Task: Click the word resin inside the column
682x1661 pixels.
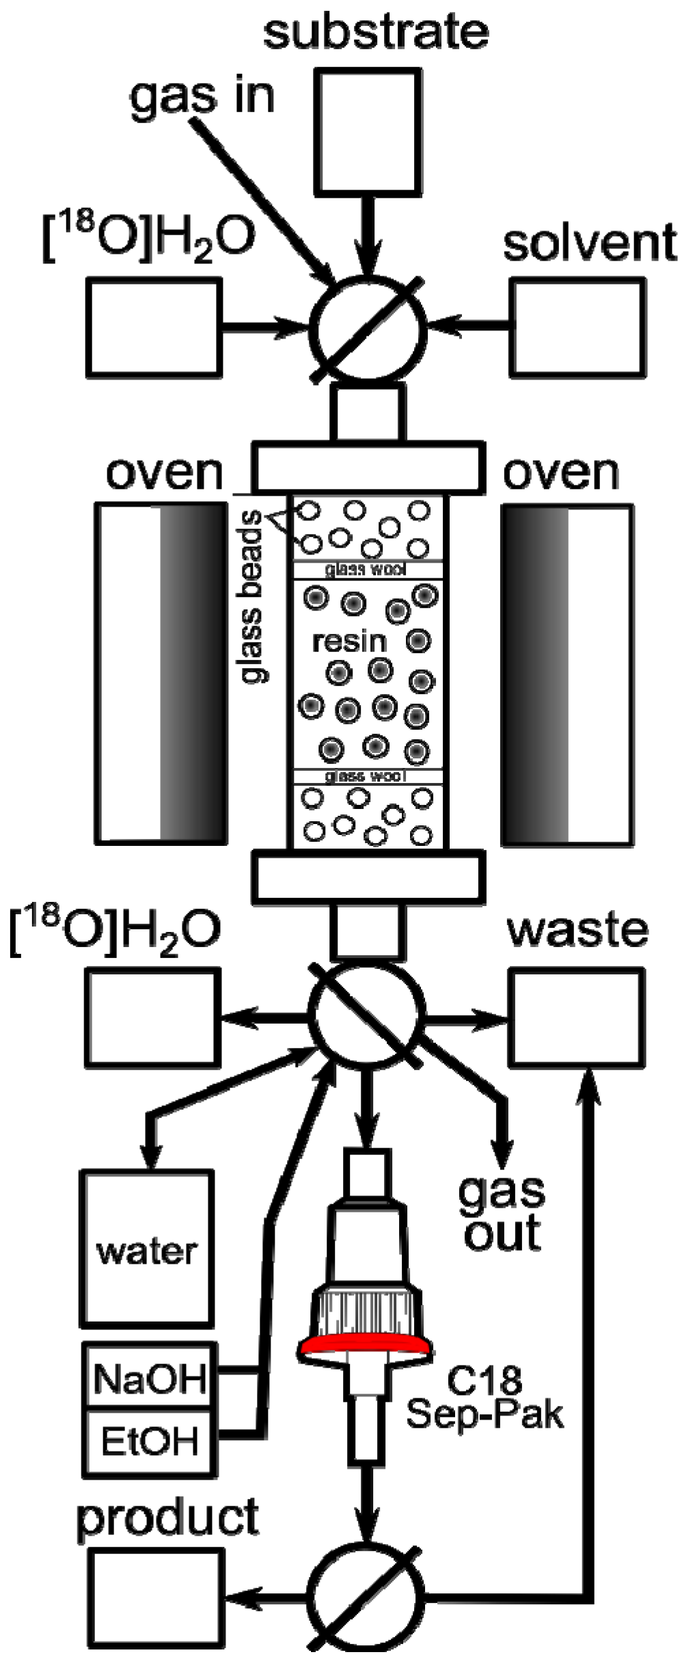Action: [x=349, y=641]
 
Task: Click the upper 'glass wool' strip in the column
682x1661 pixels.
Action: [x=367, y=569]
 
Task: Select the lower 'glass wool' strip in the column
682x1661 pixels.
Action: [x=367, y=776]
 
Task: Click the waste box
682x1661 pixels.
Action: [x=577, y=1016]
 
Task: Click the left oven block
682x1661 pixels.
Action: [x=161, y=674]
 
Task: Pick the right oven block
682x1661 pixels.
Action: [x=567, y=674]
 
